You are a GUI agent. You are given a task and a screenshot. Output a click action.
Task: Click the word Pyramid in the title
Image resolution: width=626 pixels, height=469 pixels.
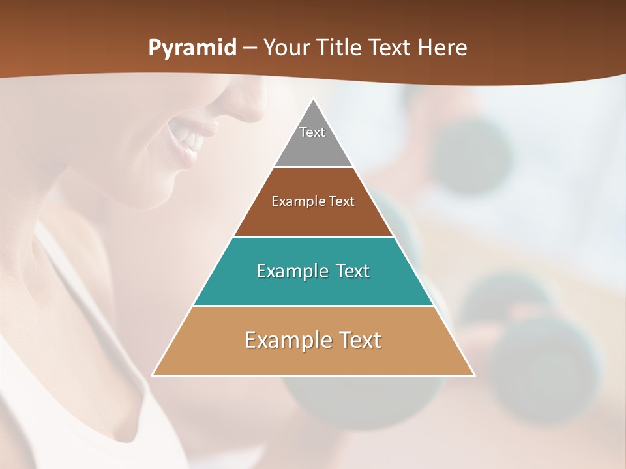click(x=192, y=48)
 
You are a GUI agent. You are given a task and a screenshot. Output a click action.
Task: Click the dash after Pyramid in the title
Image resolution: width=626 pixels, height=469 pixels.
click(x=250, y=48)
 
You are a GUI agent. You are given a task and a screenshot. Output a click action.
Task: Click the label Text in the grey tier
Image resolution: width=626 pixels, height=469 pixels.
click(x=312, y=132)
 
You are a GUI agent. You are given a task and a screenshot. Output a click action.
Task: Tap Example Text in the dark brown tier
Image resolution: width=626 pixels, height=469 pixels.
click(x=313, y=201)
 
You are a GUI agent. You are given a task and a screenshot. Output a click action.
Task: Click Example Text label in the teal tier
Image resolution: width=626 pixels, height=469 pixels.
click(x=313, y=271)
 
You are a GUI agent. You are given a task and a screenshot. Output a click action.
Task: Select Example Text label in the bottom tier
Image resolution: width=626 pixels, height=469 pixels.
click(x=313, y=340)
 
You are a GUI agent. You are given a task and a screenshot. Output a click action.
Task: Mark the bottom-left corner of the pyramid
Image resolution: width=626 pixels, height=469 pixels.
click(x=153, y=375)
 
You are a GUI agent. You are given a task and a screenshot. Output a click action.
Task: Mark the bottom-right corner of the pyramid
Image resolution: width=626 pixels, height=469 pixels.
click(x=473, y=375)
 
